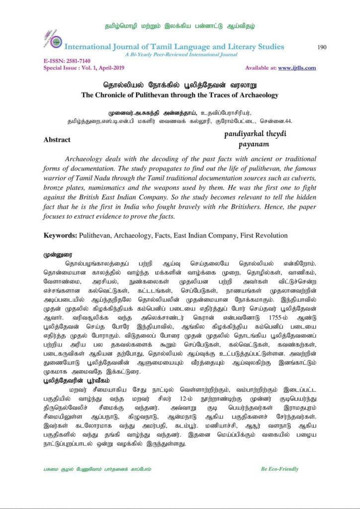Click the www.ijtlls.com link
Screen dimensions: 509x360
297,68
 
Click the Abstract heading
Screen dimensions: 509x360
57,140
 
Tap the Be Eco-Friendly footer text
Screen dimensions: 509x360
279,469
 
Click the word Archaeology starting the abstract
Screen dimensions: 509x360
88,160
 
